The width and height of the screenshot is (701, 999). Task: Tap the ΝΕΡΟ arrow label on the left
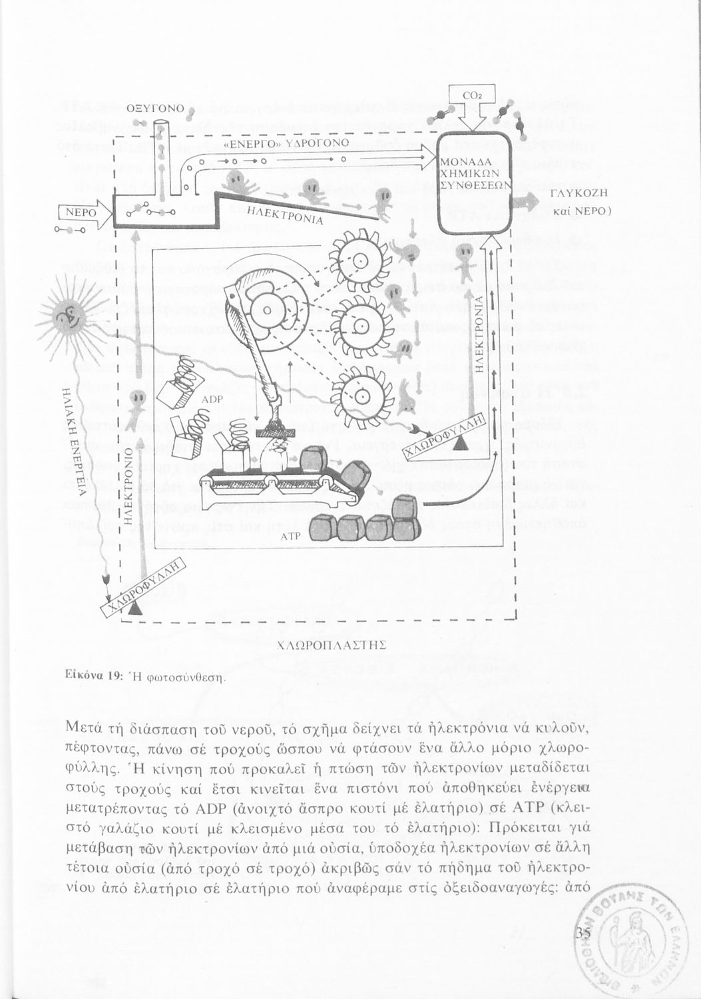pos(81,213)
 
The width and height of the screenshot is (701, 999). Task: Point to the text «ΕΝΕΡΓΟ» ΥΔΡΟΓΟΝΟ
pos(286,145)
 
